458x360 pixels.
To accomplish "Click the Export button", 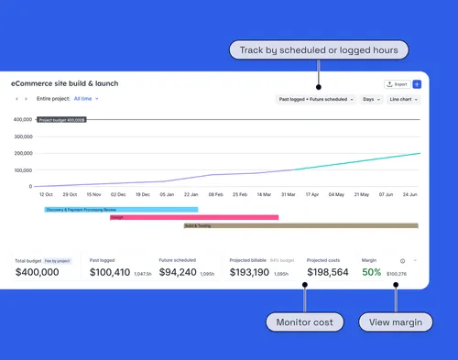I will pyautogui.click(x=396, y=83).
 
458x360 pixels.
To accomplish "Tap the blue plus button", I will pyautogui.click(x=417, y=83).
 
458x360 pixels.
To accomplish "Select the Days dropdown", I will pyautogui.click(x=370, y=99).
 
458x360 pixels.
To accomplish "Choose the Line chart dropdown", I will pyautogui.click(x=403, y=99).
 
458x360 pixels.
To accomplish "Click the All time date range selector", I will pyautogui.click(x=86, y=98).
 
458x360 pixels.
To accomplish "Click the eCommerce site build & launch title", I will pyautogui.click(x=64, y=83).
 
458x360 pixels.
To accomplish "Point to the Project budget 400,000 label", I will pyautogui.click(x=62, y=120).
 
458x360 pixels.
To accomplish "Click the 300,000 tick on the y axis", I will pyautogui.click(x=23, y=136).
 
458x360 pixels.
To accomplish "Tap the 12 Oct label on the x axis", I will pyautogui.click(x=46, y=194).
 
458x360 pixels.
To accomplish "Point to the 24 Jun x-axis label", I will pyautogui.click(x=410, y=194).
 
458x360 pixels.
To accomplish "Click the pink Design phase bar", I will pyautogui.click(x=193, y=217).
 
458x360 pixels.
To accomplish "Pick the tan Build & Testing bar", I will pyautogui.click(x=300, y=225).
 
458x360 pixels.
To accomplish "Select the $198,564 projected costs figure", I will pyautogui.click(x=327, y=273).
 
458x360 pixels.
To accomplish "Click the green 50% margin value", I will pyautogui.click(x=372, y=273).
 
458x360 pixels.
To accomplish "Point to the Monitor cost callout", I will pyautogui.click(x=304, y=322).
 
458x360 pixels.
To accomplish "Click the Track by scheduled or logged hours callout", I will pyautogui.click(x=319, y=49).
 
